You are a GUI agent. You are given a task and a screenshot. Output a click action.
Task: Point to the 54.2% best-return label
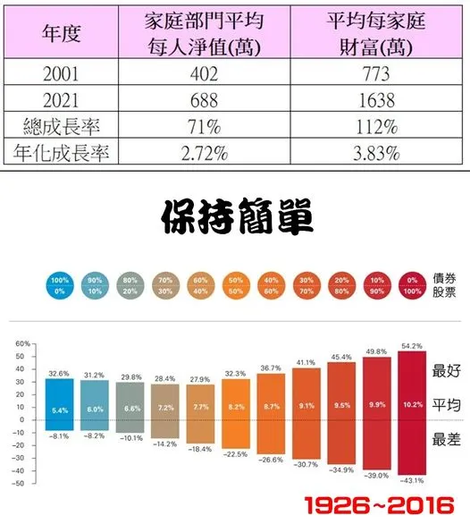(x=413, y=345)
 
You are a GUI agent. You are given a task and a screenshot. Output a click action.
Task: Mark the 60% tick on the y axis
(x=22, y=342)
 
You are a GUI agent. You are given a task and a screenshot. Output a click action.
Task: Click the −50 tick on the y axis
(x=21, y=483)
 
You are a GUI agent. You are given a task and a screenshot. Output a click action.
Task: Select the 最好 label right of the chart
(x=445, y=369)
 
